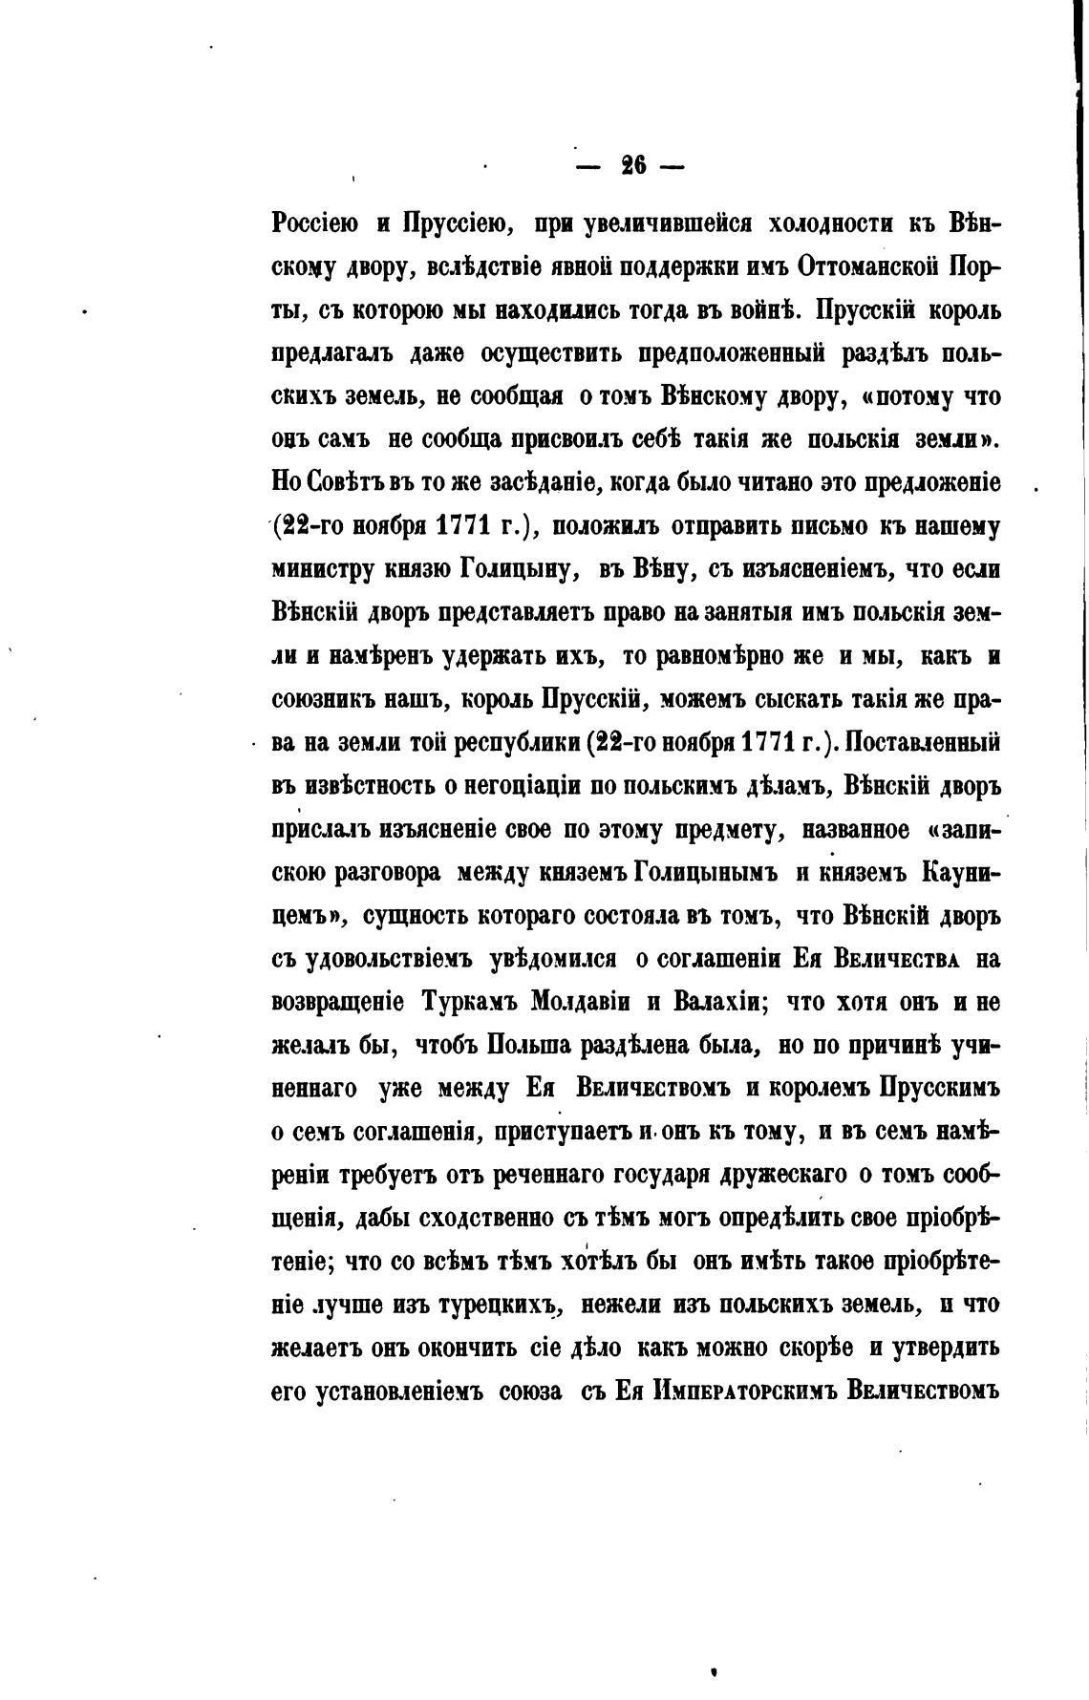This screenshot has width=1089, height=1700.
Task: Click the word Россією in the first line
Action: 315,225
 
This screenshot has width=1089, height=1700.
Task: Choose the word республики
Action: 516,742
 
